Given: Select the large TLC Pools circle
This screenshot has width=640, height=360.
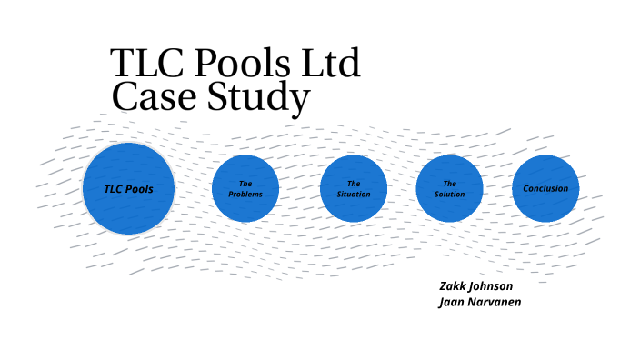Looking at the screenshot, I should (x=128, y=188).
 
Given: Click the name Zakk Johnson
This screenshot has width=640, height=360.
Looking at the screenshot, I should (x=475, y=285).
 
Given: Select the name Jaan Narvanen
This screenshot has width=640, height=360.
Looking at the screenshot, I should (x=479, y=301).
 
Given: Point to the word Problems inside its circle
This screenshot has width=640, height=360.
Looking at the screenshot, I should (x=245, y=195).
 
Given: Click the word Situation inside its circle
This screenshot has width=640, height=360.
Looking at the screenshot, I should (x=354, y=195).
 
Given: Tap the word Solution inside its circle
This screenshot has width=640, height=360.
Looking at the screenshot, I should (x=449, y=195).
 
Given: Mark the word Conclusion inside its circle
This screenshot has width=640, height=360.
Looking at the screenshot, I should (x=545, y=189).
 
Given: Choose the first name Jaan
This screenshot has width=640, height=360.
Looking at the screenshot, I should (x=452, y=301).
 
